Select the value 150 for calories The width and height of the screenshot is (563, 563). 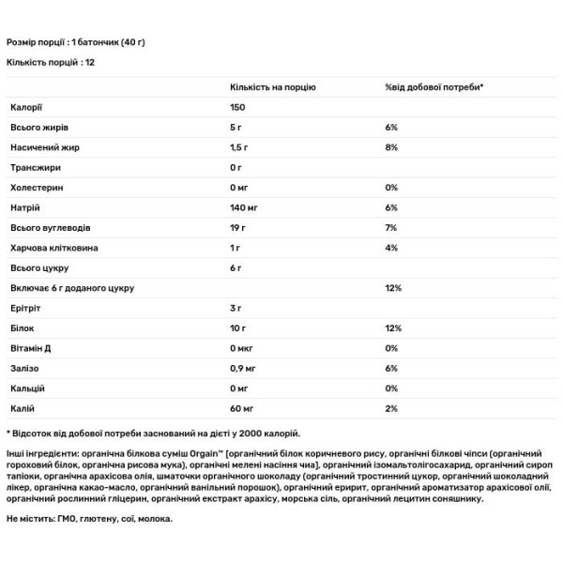point(238,108)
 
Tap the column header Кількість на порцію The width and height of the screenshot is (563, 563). point(272,86)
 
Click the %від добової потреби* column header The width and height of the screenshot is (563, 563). point(434,86)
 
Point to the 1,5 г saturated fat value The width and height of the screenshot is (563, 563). point(240,148)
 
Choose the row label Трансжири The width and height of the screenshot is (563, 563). point(36,168)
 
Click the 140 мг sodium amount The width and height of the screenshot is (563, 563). point(244,208)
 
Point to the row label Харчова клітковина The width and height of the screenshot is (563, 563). point(53,248)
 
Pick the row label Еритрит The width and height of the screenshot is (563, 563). point(26,308)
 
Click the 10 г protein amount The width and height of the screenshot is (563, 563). point(238,327)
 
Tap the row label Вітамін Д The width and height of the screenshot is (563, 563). point(33,347)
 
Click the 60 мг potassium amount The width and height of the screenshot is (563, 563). point(243,407)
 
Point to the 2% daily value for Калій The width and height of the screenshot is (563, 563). point(392,407)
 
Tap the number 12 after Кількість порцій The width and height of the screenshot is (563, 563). point(90,62)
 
